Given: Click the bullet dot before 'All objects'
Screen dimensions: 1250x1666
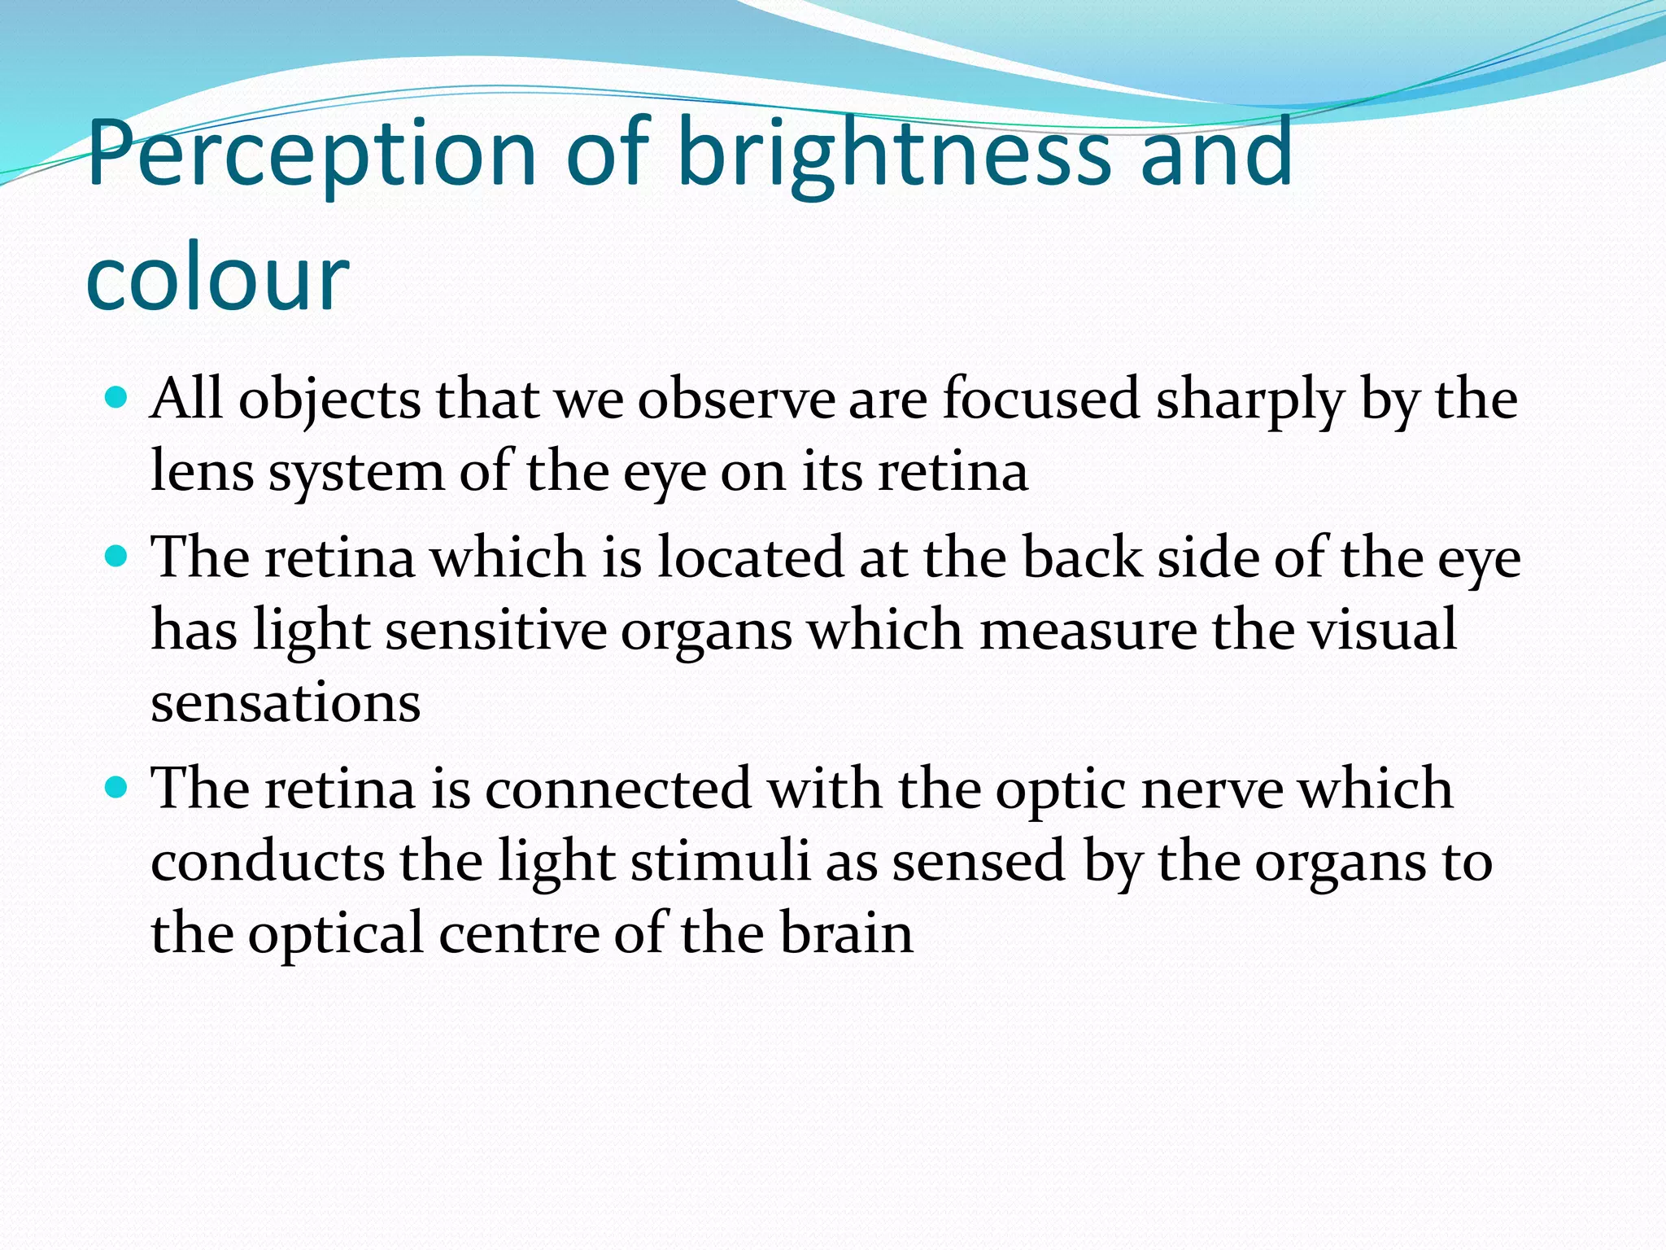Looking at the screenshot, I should coord(117,398).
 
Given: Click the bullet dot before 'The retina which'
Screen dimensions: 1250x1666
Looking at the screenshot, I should coord(117,557).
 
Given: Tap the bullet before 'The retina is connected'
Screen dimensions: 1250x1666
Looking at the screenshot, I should coord(117,788).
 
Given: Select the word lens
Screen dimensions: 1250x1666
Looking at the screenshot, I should coord(202,471).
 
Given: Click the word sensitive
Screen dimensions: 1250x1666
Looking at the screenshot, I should coord(495,630).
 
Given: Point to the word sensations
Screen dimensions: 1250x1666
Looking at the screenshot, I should coord(286,702).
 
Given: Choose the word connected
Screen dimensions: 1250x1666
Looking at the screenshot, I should coord(618,789).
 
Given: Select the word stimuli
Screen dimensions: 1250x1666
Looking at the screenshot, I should coord(720,861).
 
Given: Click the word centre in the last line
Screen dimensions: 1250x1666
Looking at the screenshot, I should coord(520,934).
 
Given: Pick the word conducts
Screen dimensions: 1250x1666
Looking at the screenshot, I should coord(268,861).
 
